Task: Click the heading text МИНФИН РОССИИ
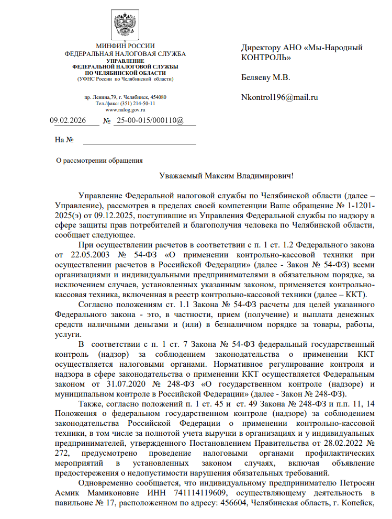(125, 47)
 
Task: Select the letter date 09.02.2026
(68, 121)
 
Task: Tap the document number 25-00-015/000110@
(150, 121)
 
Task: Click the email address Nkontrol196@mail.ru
(279, 97)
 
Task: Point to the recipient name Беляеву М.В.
(265, 77)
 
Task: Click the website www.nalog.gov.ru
(125, 110)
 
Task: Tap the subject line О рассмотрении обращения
(99, 161)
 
